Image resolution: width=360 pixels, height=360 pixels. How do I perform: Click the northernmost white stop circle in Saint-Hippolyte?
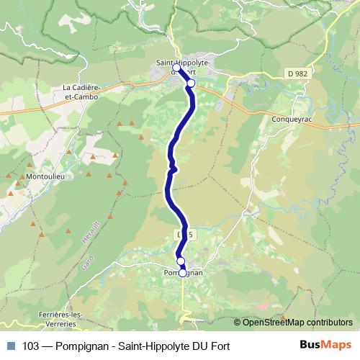pos(176,68)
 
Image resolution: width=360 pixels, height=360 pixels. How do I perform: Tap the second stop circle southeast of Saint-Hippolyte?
pos(191,84)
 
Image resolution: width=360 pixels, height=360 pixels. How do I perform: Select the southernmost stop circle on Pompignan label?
pos(183,273)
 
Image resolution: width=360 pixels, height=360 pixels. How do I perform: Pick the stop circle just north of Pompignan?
pos(181,261)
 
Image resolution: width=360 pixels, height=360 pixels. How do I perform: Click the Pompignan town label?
pos(184,274)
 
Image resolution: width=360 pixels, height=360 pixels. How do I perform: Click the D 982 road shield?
pos(297,73)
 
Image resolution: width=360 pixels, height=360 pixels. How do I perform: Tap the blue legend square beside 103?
pos(11,346)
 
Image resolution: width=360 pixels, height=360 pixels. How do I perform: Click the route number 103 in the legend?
pos(31,346)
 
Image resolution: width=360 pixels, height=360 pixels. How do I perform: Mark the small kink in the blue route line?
pos(173,168)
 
